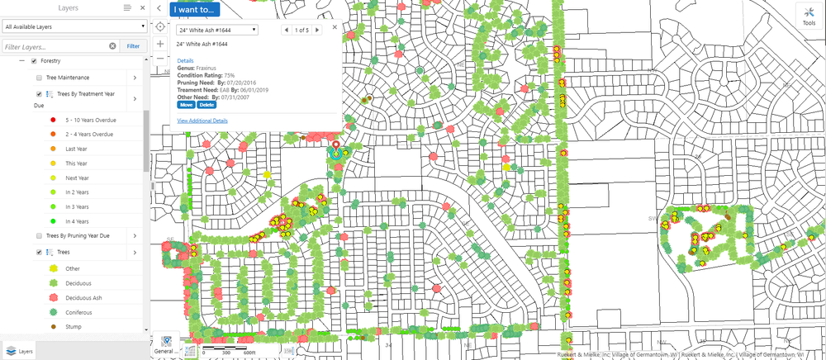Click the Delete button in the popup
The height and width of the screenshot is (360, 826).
pos(206,105)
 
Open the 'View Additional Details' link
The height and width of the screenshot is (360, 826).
pos(202,121)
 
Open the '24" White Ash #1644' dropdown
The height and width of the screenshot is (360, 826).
pos(218,30)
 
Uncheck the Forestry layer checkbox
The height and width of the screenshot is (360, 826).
pos(33,61)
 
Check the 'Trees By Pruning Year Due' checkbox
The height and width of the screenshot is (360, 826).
pos(40,235)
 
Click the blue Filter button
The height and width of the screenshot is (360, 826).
pos(133,46)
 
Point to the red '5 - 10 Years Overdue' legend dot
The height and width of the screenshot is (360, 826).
pos(52,120)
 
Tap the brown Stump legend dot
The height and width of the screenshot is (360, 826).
pos(52,328)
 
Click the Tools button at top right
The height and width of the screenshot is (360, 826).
pos(808,16)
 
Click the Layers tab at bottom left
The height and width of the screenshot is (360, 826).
pos(20,351)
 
